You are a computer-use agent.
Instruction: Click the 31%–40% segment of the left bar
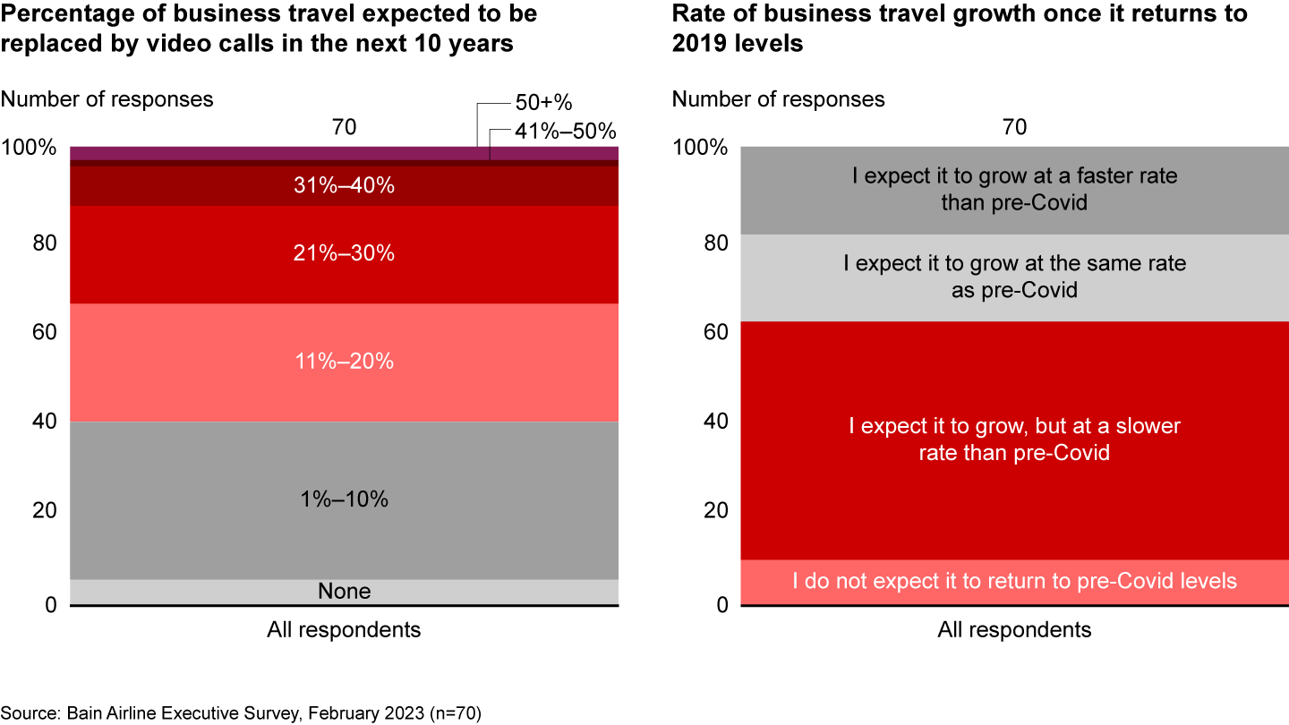click(x=345, y=186)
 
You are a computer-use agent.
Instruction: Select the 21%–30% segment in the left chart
click(x=345, y=254)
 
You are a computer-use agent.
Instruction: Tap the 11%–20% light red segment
click(x=345, y=362)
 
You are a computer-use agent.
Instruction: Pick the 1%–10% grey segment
click(x=345, y=499)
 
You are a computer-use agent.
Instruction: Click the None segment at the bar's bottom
click(x=345, y=592)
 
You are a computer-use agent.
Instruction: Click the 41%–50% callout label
click(x=564, y=132)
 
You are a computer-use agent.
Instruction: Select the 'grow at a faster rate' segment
click(x=1014, y=190)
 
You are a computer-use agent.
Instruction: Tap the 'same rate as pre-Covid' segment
click(x=1014, y=277)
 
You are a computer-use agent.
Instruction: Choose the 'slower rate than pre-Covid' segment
click(x=1014, y=439)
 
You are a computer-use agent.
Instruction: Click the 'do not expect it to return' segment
click(x=1014, y=582)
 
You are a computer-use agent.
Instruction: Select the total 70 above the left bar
click(x=345, y=128)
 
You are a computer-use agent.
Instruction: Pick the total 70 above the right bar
click(x=1014, y=128)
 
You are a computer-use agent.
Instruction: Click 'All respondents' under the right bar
click(x=1014, y=630)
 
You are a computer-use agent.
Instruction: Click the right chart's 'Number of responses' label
click(x=778, y=99)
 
